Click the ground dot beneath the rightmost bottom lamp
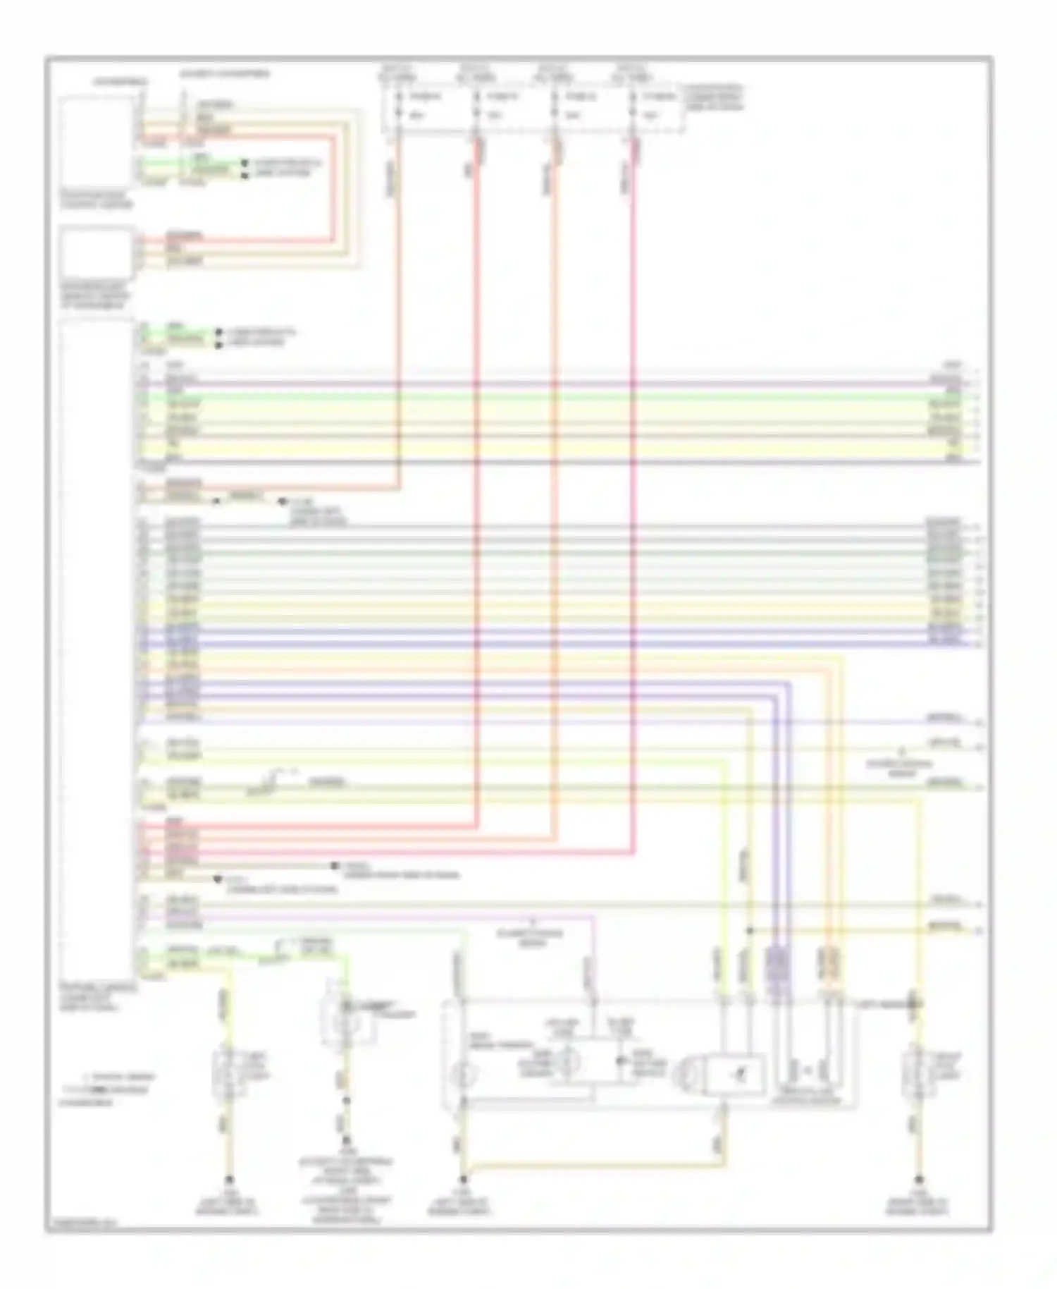point(918,1179)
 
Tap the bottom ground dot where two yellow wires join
point(463,1179)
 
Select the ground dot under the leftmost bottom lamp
point(228,1179)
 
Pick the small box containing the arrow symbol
point(736,1073)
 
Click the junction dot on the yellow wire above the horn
point(750,931)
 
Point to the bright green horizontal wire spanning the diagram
point(564,397)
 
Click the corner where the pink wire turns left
point(633,855)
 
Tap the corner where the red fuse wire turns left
point(478,826)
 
